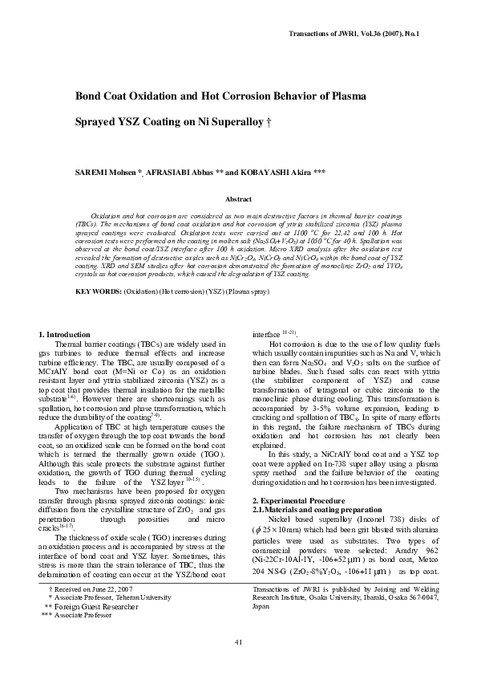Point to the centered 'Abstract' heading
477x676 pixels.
click(x=238, y=198)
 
